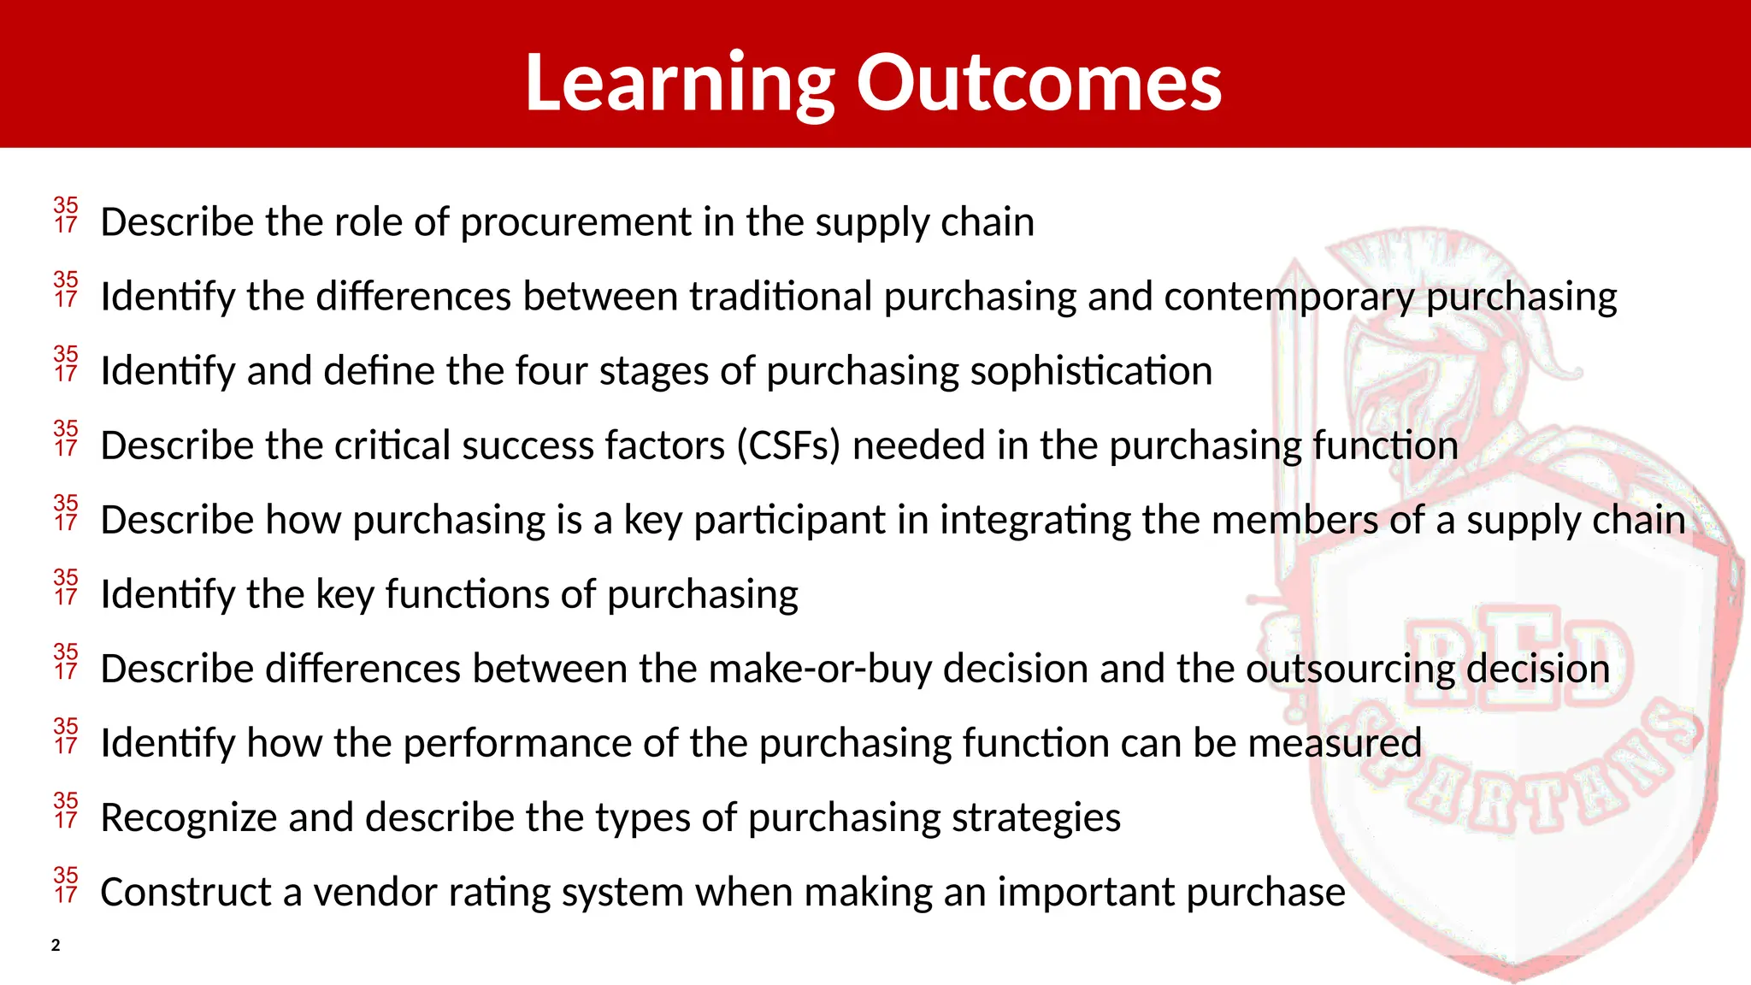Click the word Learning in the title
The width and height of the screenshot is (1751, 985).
point(680,83)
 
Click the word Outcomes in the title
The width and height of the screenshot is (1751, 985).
point(1039,83)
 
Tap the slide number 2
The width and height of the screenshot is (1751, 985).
point(56,945)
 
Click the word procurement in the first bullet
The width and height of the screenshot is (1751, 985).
point(575,222)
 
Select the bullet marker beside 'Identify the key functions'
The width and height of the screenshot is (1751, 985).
point(66,587)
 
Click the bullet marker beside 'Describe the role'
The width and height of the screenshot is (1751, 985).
point(66,215)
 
